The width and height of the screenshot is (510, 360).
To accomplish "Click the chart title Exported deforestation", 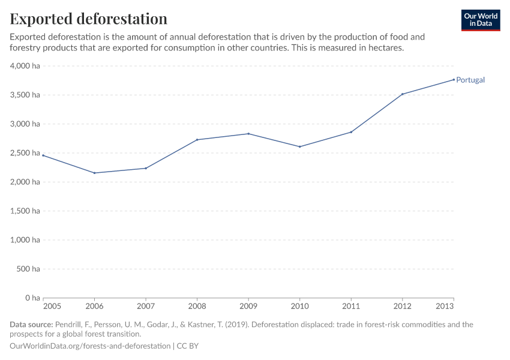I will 89,19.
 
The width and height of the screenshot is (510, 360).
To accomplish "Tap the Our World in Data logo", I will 480,20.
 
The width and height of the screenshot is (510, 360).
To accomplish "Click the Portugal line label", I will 470,80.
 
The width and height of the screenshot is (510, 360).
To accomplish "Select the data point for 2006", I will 95,173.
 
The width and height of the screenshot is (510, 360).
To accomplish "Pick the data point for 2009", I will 248,134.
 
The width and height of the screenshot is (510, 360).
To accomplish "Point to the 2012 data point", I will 402,94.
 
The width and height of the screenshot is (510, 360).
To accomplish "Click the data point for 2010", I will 299,146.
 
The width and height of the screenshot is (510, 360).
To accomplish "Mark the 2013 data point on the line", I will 454,80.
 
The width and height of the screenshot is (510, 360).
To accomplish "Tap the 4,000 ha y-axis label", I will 25,66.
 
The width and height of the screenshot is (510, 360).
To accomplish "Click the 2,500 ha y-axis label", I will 25,153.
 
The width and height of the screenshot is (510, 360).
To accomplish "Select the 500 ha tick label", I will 29,269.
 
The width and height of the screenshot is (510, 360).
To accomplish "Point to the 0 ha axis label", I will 32,298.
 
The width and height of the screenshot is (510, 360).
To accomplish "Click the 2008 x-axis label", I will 197,307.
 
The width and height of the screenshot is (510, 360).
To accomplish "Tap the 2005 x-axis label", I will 52,307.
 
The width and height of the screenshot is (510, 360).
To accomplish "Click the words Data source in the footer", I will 31,325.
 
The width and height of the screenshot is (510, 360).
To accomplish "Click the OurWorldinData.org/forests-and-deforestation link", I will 90,346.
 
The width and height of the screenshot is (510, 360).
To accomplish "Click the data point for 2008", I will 197,140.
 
